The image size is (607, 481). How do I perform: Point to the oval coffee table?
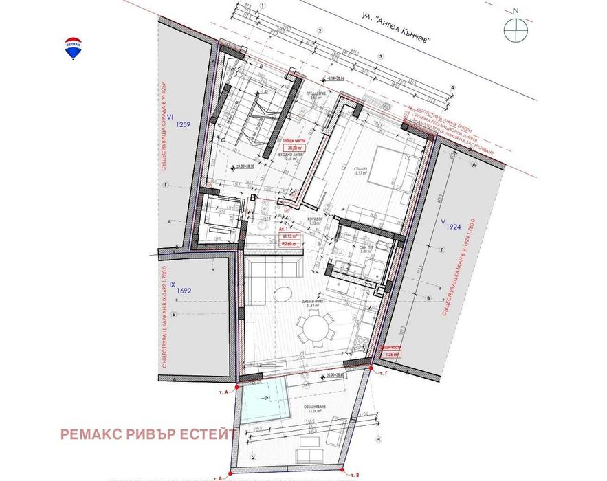(x=283, y=293)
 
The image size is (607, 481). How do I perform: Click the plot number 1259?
(x=183, y=124)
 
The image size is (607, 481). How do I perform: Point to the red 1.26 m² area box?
(x=391, y=355)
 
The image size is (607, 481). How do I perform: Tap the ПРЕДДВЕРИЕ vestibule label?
(x=315, y=96)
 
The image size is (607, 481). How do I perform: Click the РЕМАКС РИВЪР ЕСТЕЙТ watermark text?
(x=148, y=434)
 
